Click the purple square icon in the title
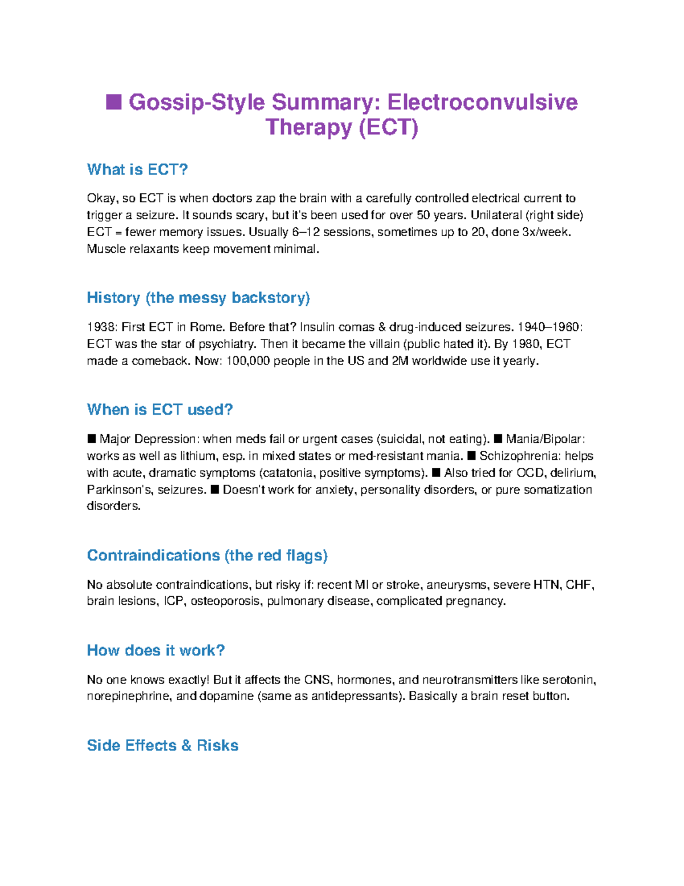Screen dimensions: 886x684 pyautogui.click(x=114, y=102)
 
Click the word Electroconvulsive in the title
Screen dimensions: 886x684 pyautogui.click(x=482, y=102)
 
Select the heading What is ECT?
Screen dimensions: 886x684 pyautogui.click(x=137, y=169)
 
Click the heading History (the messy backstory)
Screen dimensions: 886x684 pyautogui.click(x=198, y=298)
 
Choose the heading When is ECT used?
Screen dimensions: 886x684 pyautogui.click(x=160, y=410)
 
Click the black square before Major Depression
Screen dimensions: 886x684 pyautogui.click(x=91, y=439)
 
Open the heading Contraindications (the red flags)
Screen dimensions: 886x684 pyautogui.click(x=207, y=556)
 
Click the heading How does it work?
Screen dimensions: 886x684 pyautogui.click(x=156, y=650)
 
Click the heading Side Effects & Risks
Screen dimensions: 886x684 pyautogui.click(x=162, y=745)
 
